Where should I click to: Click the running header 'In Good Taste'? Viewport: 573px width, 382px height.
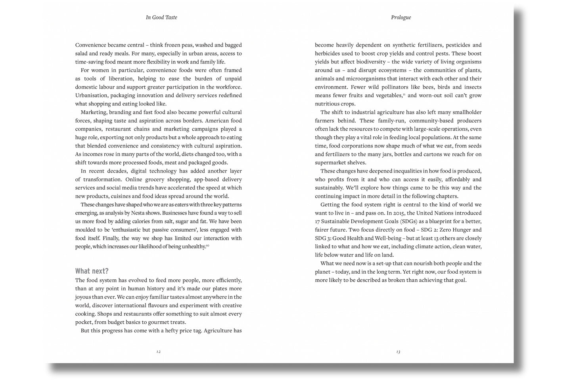tap(161, 17)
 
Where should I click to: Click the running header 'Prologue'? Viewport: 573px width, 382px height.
tap(401, 17)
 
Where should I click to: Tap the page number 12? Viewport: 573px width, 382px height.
tap(159, 351)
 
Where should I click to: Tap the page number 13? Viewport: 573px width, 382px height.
tap(398, 351)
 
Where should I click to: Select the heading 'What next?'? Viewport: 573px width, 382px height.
tap(92, 271)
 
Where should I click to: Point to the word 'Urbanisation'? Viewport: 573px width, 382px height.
tap(91, 96)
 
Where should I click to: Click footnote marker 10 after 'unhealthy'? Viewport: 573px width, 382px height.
tap(207, 246)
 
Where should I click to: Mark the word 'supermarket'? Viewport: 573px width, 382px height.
tap(330, 163)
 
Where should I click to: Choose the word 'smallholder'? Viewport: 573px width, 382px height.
tap(466, 112)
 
